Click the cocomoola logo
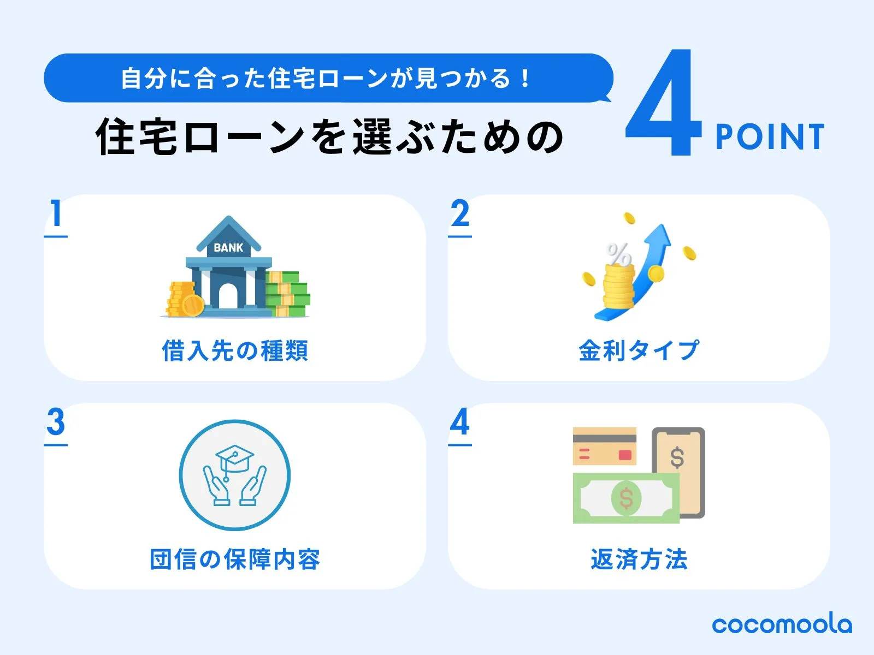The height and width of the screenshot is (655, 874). tap(782, 625)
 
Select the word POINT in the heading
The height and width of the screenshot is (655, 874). tap(770, 136)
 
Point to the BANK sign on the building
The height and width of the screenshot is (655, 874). tap(228, 248)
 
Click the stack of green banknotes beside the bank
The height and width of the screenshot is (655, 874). tap(288, 294)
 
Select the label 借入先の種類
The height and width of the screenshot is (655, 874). tap(235, 351)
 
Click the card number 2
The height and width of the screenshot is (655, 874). tap(460, 213)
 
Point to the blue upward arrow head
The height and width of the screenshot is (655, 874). tap(659, 237)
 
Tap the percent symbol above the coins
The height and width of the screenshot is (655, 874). tap(618, 254)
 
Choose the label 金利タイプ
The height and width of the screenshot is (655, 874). tap(639, 350)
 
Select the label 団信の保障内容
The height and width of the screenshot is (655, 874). tap(235, 559)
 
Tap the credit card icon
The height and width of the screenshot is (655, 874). tap(605, 446)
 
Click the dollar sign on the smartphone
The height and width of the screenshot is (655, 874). tap(677, 457)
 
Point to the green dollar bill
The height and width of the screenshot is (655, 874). tap(626, 498)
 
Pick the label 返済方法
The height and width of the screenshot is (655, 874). tap(639, 559)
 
